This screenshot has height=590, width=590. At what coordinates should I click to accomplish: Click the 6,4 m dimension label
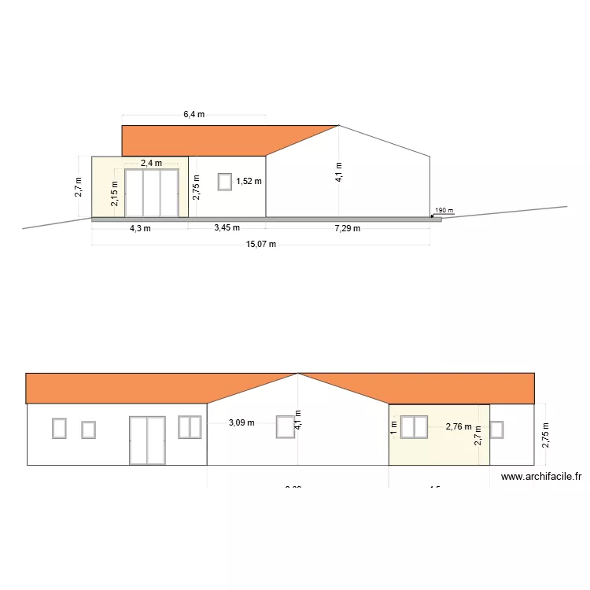click(194, 114)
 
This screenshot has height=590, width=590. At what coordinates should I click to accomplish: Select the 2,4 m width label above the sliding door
click(151, 163)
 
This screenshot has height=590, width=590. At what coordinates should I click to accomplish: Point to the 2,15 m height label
click(115, 194)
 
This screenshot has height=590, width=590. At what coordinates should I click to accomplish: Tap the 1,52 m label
click(249, 182)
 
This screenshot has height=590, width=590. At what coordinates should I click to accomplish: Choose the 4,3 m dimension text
click(139, 228)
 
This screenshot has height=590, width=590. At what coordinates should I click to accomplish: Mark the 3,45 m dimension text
click(227, 228)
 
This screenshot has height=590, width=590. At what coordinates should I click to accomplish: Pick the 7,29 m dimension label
click(347, 229)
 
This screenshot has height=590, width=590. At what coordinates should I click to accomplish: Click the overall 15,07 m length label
click(261, 244)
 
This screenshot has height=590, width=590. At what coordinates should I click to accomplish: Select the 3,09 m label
click(242, 422)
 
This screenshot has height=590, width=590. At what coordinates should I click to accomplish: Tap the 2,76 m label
click(459, 427)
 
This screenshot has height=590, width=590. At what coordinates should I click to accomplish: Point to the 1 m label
click(393, 427)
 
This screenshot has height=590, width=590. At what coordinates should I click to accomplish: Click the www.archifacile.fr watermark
click(541, 476)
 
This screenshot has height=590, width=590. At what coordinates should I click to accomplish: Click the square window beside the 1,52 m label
click(225, 182)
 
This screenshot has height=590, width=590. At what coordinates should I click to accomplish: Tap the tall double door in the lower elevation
click(147, 441)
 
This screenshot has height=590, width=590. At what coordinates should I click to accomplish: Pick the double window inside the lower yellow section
click(414, 426)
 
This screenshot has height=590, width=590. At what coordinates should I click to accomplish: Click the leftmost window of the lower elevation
click(59, 428)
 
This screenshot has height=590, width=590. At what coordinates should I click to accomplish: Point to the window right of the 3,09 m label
click(285, 426)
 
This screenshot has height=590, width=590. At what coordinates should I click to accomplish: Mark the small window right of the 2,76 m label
click(496, 429)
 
